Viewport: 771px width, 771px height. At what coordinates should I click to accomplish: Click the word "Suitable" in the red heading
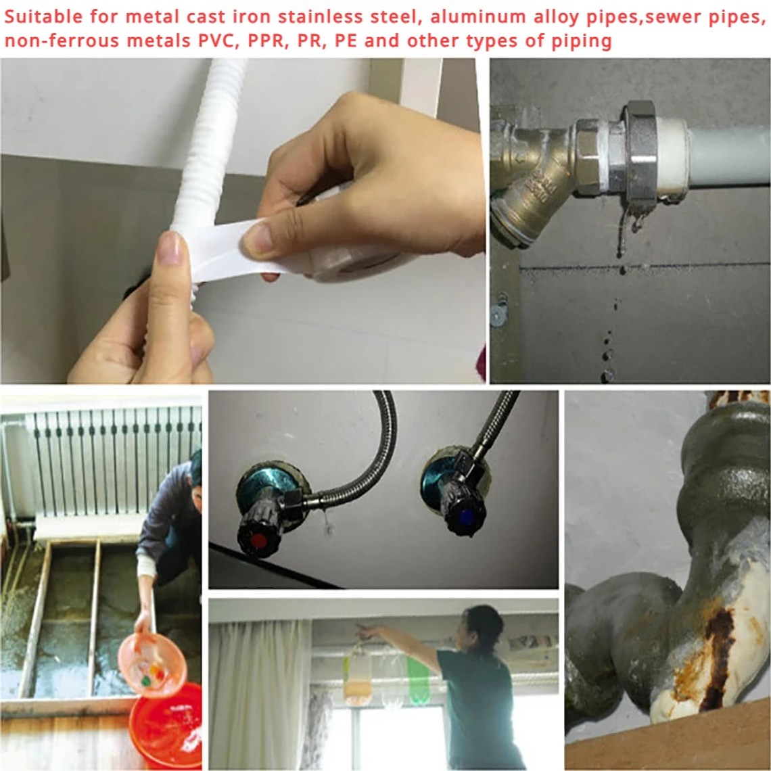[43, 16]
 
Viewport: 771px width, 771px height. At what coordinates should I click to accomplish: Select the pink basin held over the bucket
[151, 663]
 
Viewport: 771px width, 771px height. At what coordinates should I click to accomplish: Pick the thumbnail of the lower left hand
[169, 249]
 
